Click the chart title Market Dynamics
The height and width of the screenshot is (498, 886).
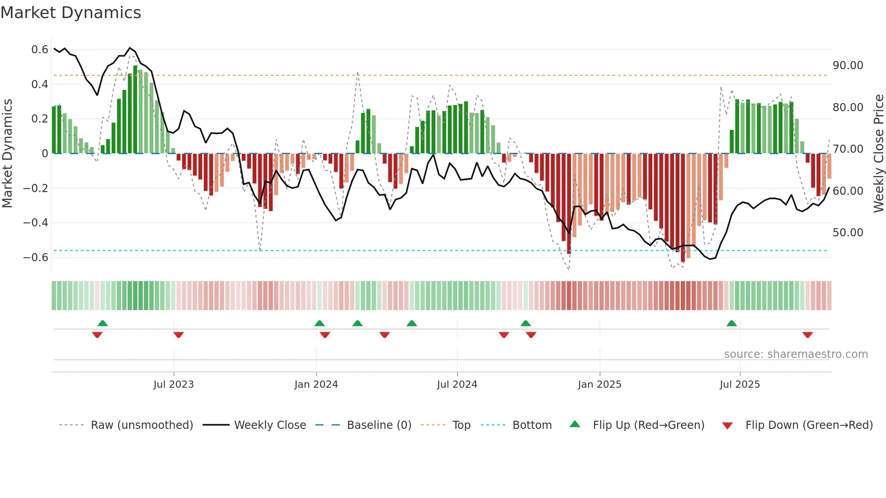[x=71, y=13]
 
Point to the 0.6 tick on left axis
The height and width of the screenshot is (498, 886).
[x=40, y=49]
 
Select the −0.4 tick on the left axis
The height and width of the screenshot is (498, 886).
[x=36, y=222]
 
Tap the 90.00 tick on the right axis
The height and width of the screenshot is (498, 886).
[x=848, y=66]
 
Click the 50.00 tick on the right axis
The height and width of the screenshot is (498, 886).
[x=848, y=233]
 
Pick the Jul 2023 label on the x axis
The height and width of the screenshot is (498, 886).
[x=174, y=385]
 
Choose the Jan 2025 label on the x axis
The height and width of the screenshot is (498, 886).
[x=599, y=385]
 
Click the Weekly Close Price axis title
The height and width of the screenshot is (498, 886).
[x=878, y=153]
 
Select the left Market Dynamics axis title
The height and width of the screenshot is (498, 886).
[x=7, y=153]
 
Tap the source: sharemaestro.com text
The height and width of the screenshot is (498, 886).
[x=796, y=354]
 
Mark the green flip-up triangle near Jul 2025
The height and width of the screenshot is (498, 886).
[x=731, y=323]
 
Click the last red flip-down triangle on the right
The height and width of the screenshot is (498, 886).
[x=808, y=335]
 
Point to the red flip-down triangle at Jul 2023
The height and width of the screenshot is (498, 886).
[x=179, y=335]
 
